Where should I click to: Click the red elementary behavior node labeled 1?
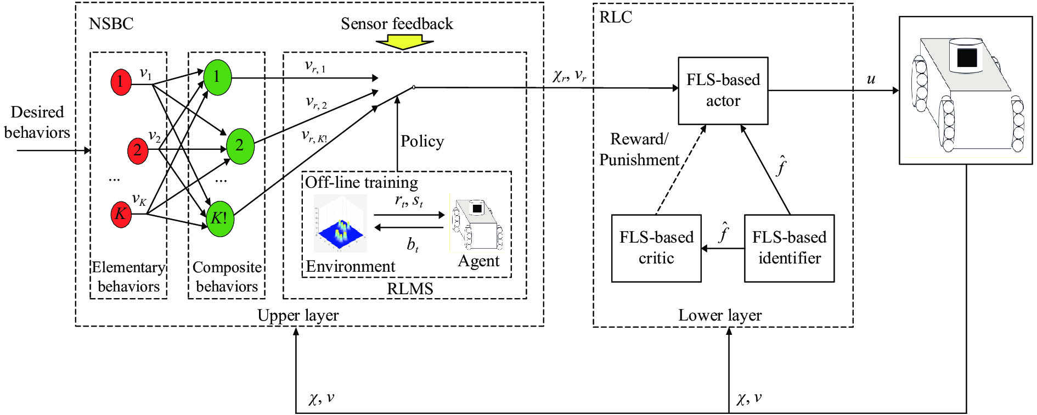121,82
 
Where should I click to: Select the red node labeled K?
121,214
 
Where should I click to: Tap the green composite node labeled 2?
240,145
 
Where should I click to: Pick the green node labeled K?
219,218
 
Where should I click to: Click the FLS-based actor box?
723,91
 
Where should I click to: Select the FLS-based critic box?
656,248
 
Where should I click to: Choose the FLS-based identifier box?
789,248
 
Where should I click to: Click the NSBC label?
111,24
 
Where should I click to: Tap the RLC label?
615,18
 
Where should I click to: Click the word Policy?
422,142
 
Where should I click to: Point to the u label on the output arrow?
871,79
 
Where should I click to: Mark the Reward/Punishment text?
639,149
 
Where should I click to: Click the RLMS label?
410,289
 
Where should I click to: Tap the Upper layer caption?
298,315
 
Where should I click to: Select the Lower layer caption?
719,315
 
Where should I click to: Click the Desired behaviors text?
37,122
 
